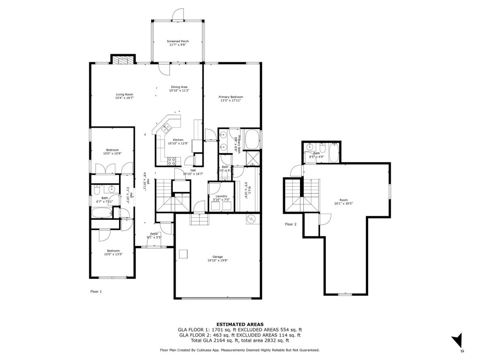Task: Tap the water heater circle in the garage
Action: tap(251, 219)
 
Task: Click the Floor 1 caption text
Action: tap(96, 291)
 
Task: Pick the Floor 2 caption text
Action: tap(291, 224)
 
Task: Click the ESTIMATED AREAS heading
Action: tap(240, 324)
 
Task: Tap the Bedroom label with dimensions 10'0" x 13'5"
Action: tap(113, 252)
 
